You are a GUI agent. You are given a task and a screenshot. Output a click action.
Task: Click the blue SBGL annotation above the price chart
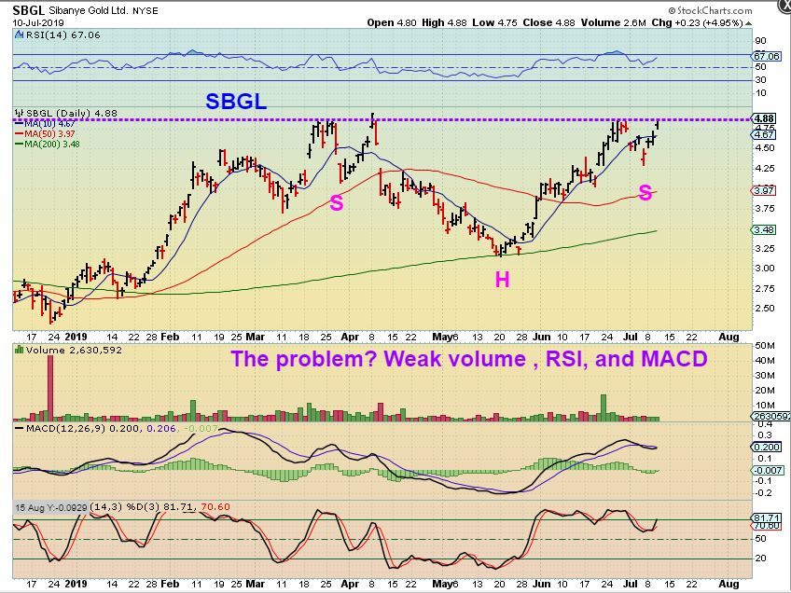pos(235,103)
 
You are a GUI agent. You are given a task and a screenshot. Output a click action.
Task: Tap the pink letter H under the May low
pos(502,279)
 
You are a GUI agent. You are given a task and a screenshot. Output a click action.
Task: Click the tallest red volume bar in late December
pos(49,381)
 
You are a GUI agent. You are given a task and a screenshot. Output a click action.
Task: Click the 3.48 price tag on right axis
pos(763,230)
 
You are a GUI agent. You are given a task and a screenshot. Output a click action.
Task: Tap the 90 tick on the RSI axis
pos(760,41)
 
